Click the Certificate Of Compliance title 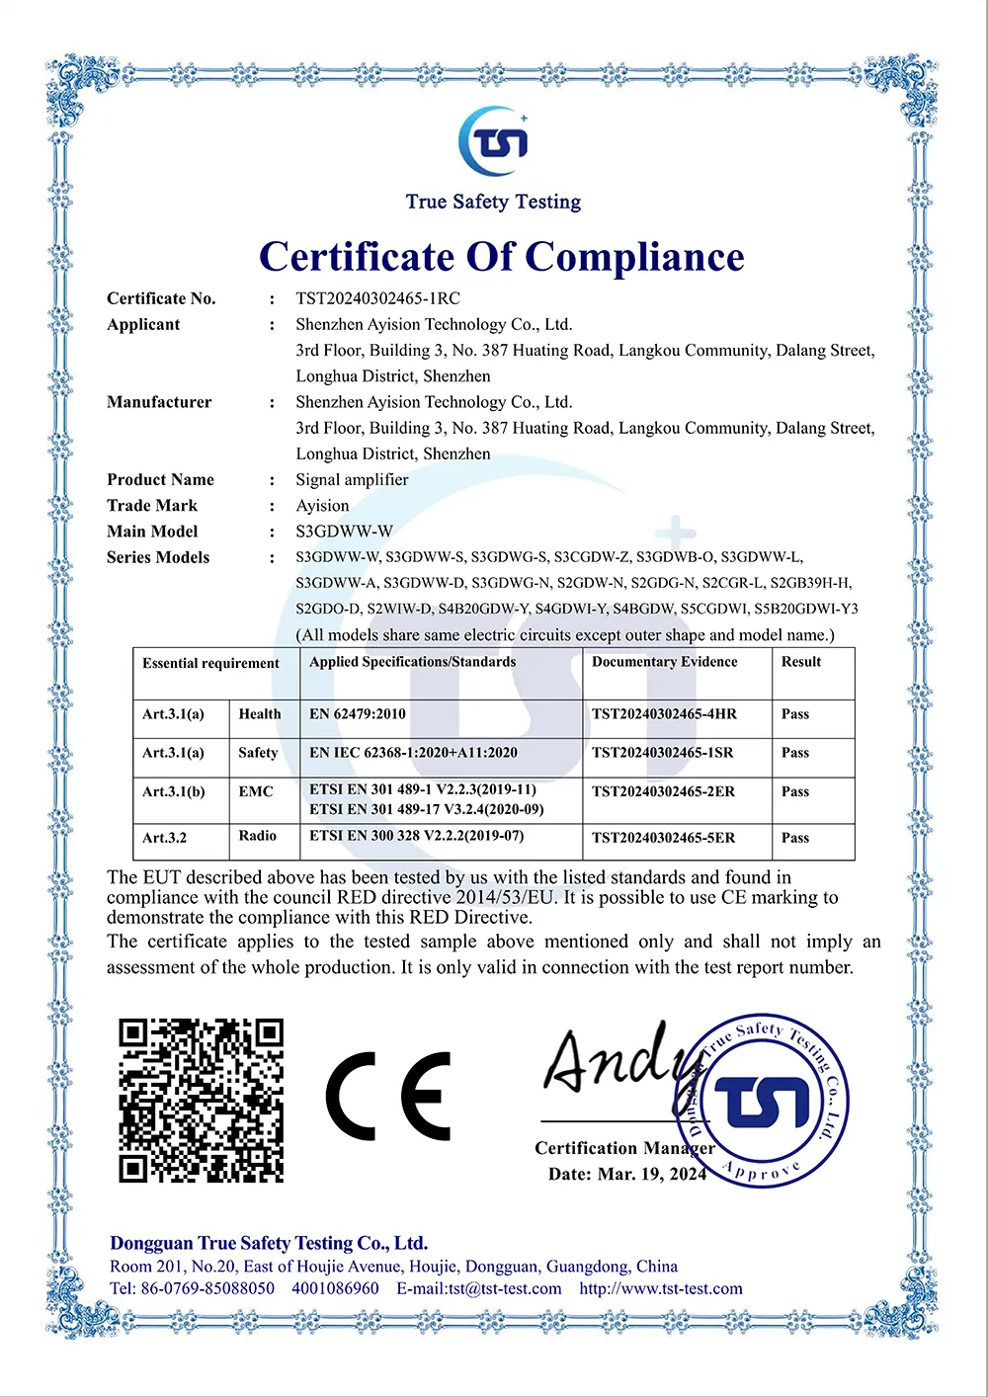501,257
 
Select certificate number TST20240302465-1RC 377,298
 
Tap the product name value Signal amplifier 352,479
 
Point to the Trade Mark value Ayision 322,505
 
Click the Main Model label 152,532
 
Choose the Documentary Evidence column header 664,662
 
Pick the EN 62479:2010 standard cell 358,714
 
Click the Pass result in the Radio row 795,838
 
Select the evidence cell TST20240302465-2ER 663,791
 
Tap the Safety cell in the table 258,753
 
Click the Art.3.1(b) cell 174,791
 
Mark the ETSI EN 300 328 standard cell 416,836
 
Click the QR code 202,1101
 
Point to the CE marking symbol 388,1096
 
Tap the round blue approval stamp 762,1100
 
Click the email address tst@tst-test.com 479,1288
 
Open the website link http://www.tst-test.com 661,1288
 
